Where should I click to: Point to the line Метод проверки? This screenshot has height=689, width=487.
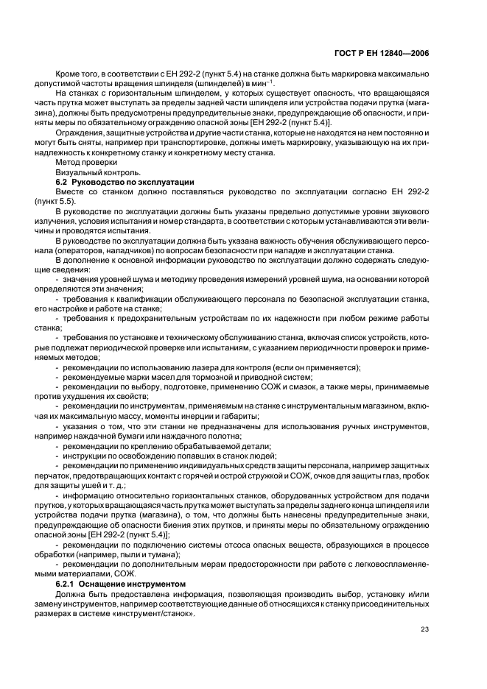point(86,161)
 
